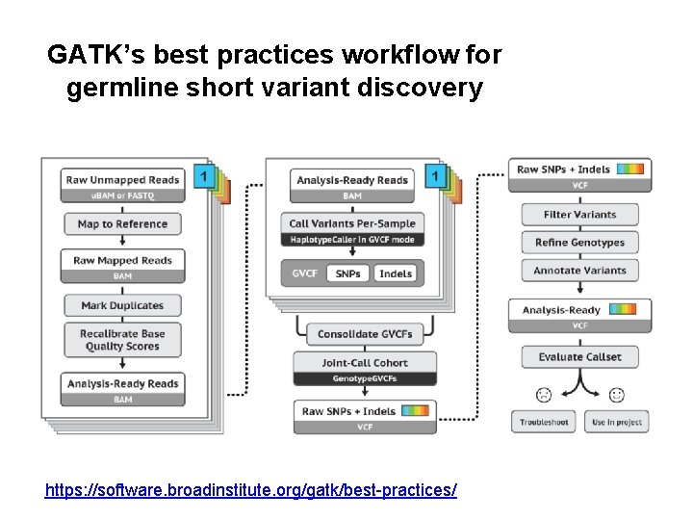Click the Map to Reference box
(x=122, y=224)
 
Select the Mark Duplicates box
(x=122, y=305)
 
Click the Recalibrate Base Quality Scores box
(x=122, y=340)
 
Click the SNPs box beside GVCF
(x=348, y=273)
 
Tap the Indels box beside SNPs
(x=396, y=273)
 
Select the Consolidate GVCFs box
(x=365, y=334)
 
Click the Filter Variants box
(x=579, y=215)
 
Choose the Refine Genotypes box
(x=579, y=243)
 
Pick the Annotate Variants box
(x=579, y=271)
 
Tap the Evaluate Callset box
(x=579, y=356)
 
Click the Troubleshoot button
(x=544, y=422)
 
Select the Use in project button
(x=617, y=422)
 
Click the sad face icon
(x=544, y=395)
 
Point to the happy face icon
(x=617, y=395)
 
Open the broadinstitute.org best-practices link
(x=251, y=490)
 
